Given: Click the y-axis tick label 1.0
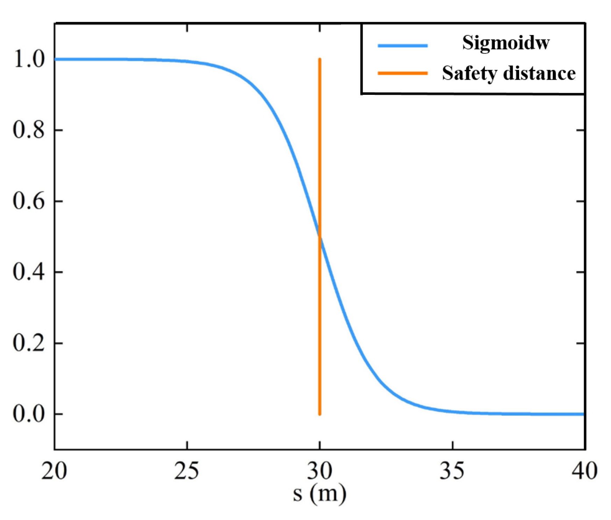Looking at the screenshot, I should click(x=29, y=59).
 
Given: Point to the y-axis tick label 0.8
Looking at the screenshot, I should click(x=29, y=130).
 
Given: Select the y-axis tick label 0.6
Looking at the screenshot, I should click(x=29, y=201).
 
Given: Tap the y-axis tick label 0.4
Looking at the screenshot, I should click(x=29, y=272).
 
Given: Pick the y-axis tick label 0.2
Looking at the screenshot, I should click(x=29, y=343).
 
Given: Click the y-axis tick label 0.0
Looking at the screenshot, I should click(x=29, y=414).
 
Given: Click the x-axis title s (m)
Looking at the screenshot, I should click(x=319, y=493).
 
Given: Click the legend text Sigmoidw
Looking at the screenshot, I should click(x=506, y=43).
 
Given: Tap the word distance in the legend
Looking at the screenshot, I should click(x=539, y=73).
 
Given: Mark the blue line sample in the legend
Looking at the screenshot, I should click(x=403, y=45).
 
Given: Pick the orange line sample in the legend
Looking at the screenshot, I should click(x=403, y=73).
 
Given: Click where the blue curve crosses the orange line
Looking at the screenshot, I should click(x=320, y=237).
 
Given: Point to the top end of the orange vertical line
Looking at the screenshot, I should click(x=320, y=59).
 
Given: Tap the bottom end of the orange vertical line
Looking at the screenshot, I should click(x=320, y=414).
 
